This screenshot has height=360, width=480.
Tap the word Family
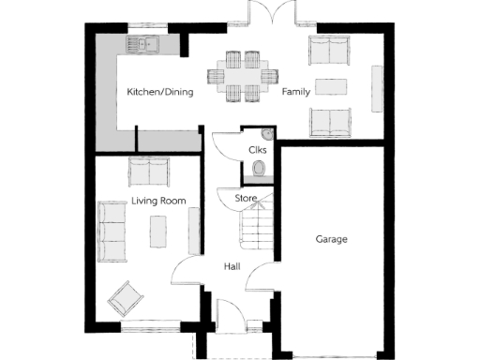point(296,92)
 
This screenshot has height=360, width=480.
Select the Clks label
point(258,150)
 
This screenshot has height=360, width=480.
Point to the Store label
point(246,198)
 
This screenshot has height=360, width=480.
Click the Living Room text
point(158,201)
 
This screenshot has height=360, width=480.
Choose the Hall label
point(232,266)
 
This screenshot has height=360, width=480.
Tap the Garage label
point(331,239)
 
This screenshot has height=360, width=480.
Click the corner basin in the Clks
point(266,134)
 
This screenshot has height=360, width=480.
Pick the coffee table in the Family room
point(331,86)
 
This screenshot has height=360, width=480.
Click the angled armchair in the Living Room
point(126,299)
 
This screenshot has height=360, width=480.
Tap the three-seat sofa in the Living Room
point(113,231)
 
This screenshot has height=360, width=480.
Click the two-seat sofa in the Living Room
point(147,172)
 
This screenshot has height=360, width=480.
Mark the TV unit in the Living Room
point(195,230)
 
